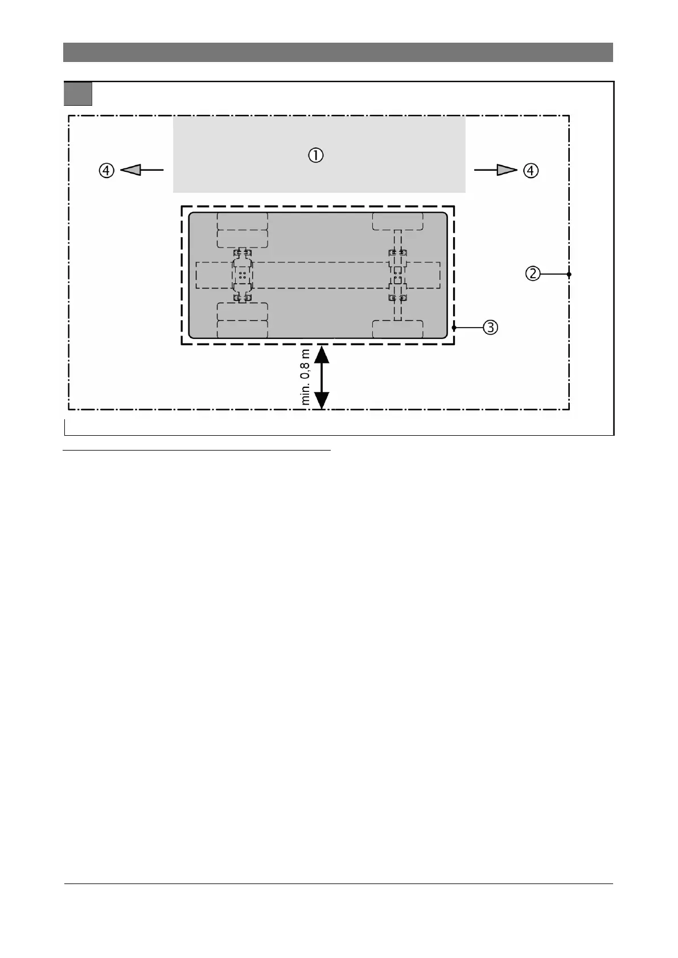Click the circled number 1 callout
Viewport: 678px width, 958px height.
pos(316,155)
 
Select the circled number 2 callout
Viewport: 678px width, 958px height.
pos(532,274)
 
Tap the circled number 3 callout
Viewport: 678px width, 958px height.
pos(490,328)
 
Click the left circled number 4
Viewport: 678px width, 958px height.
pos(107,170)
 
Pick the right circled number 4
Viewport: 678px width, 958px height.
pos(531,170)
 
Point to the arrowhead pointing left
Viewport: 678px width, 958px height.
pos(130,170)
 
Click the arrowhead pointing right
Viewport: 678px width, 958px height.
pos(507,170)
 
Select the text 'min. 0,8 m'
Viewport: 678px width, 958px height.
pos(306,377)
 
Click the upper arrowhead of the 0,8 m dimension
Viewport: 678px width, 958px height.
pos(322,354)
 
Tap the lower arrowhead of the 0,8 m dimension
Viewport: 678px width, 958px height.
pos(322,400)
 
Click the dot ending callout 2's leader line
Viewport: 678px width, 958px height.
pos(569,274)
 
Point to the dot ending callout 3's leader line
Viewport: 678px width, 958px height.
pos(454,328)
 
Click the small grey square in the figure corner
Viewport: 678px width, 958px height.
pos(78,94)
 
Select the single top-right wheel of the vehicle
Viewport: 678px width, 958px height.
pos(397,221)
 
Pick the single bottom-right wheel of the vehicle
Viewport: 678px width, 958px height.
pos(397,329)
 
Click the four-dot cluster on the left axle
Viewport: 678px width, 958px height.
pos(243,275)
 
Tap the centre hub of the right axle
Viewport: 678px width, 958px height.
pos(397,275)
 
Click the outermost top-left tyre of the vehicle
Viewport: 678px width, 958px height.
pos(243,221)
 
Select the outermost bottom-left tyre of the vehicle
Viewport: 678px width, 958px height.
pos(243,329)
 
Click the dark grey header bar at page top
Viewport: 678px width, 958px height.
pos(338,52)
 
